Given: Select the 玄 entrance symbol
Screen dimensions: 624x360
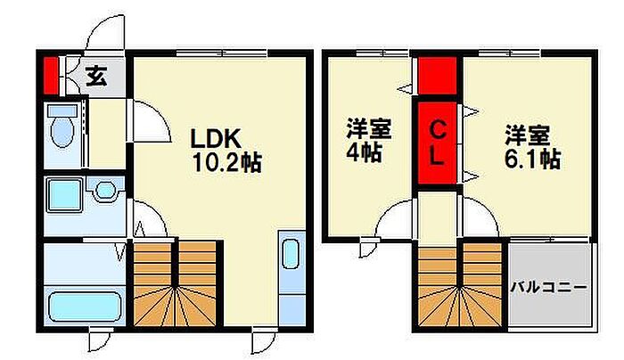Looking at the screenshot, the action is pos(97,77).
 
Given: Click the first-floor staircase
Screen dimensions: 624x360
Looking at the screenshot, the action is pos(176,283).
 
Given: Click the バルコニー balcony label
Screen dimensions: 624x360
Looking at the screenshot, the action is pos(549,288).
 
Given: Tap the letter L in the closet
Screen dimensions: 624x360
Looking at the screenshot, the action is pos(438,159).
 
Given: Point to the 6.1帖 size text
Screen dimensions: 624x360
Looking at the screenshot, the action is pos(531,160).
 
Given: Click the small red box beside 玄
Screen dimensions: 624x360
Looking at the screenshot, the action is pos(50,75).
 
